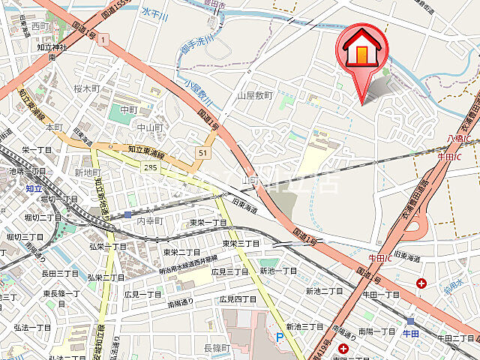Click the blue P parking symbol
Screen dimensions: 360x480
[x=280, y=338]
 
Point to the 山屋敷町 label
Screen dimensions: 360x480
[x=256, y=96]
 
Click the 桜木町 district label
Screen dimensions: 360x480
[x=87, y=88]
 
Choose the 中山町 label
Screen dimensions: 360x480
[x=150, y=127]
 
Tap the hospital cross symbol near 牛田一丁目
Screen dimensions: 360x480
[x=422, y=283]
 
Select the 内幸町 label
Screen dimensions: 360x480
[x=149, y=223]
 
